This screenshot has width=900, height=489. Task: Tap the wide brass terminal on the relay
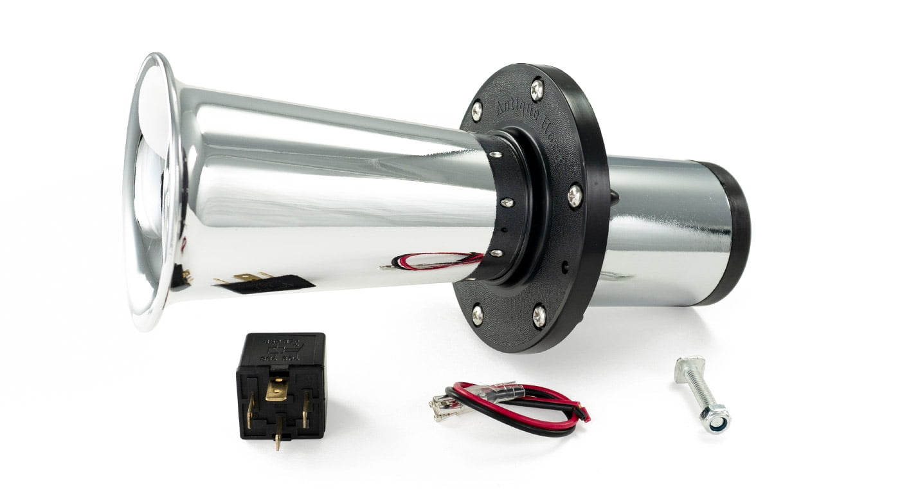pos(277,389)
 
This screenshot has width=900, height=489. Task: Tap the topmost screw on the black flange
pos(536,89)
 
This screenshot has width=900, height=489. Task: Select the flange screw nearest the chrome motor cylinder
pos(574,194)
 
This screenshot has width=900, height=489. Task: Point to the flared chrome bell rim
pos(151,193)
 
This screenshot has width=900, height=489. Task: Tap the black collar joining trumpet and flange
pos(508,206)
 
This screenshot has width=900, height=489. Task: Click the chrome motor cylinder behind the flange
pos(662,232)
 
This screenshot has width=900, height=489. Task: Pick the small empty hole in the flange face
pos(564,266)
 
